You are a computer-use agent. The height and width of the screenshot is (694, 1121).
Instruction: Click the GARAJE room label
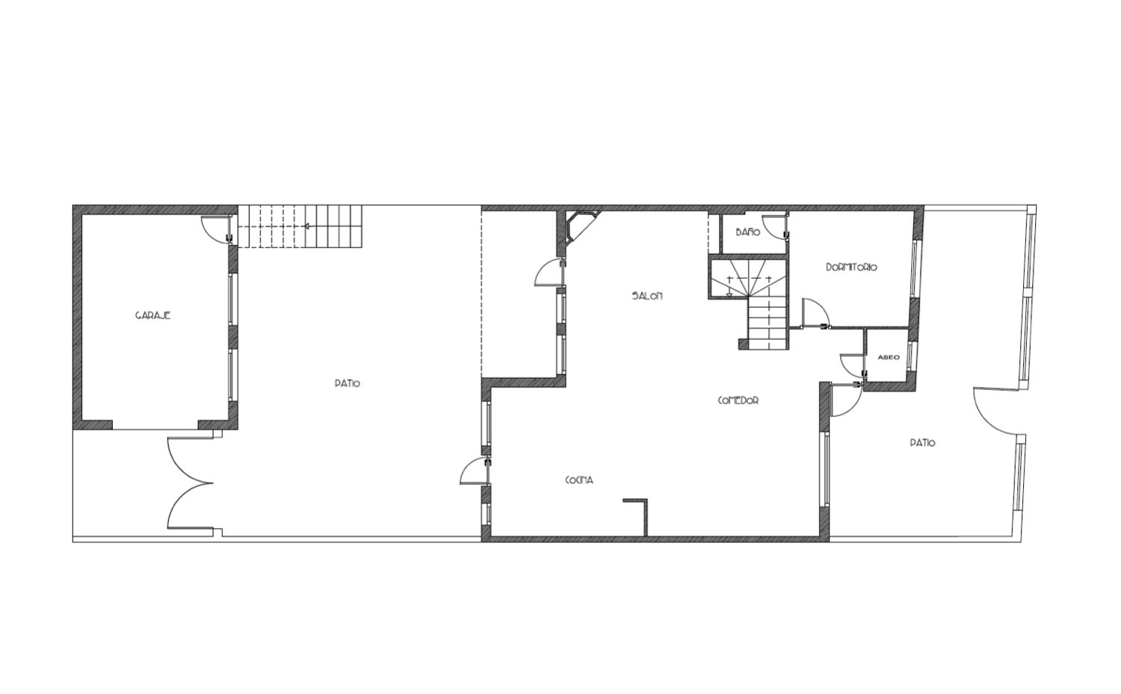point(152,315)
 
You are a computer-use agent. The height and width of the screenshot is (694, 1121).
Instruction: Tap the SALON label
point(647,296)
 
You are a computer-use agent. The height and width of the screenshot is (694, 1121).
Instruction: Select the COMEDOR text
point(738,400)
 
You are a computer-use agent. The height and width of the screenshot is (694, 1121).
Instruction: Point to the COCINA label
point(579,480)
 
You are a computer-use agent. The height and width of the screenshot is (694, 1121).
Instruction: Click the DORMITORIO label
point(851,267)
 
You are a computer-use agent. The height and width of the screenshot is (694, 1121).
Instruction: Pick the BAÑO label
point(747,232)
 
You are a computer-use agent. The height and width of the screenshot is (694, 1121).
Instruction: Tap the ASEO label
point(889,357)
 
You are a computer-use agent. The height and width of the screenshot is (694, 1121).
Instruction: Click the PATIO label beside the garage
point(348,383)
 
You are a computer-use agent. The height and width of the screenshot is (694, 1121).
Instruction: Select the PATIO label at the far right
point(922,442)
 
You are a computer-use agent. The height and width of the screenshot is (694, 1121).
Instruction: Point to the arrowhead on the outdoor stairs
point(306,226)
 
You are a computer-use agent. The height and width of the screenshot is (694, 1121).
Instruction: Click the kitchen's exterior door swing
point(472,471)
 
